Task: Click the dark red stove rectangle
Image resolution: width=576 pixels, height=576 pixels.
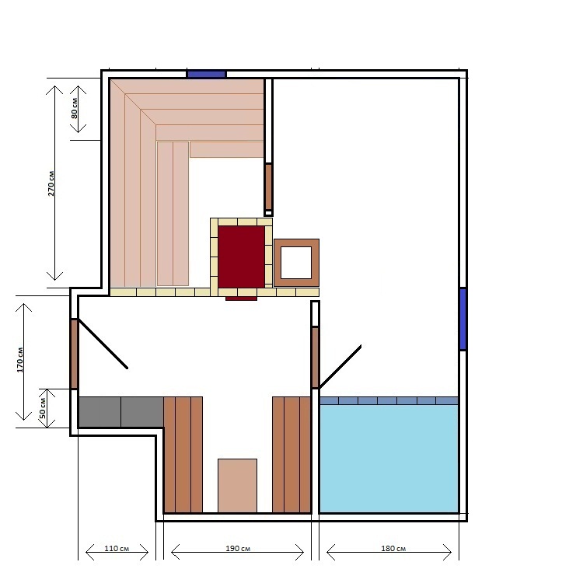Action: pyautogui.click(x=241, y=257)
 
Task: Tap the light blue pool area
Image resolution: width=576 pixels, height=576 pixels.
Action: pyautogui.click(x=389, y=459)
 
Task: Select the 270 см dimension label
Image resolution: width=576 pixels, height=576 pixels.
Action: pyautogui.click(x=51, y=183)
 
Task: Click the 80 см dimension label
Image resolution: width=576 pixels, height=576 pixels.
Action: pyautogui.click(x=75, y=108)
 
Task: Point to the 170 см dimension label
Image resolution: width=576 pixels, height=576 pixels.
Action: pyautogui.click(x=20, y=360)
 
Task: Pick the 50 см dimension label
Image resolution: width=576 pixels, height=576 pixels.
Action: pyautogui.click(x=43, y=408)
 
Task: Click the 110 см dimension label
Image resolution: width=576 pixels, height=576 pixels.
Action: pyautogui.click(x=117, y=549)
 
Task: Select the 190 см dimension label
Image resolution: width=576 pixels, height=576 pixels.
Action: pyautogui.click(x=238, y=549)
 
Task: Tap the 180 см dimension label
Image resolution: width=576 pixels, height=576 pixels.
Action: pyautogui.click(x=393, y=549)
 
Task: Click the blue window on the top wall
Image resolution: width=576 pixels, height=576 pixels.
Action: pyautogui.click(x=207, y=74)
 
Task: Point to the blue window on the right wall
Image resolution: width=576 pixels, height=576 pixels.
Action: pyautogui.click(x=463, y=319)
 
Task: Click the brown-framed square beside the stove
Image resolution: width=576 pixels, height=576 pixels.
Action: pyautogui.click(x=296, y=263)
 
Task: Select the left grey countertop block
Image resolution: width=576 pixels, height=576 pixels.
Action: pyautogui.click(x=100, y=412)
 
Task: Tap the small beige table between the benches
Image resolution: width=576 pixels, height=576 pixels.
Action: pyautogui.click(x=237, y=485)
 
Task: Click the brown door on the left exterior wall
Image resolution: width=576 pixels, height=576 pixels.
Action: pyautogui.click(x=74, y=354)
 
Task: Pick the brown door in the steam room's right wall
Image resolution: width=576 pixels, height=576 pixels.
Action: pyautogui.click(x=268, y=187)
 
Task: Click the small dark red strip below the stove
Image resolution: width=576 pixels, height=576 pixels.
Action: pyautogui.click(x=241, y=298)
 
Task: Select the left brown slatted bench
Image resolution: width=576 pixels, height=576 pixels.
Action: pyautogui.click(x=183, y=455)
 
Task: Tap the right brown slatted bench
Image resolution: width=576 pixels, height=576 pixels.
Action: pyautogui.click(x=291, y=455)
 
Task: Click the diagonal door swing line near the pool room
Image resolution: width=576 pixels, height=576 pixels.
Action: pyautogui.click(x=340, y=367)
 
